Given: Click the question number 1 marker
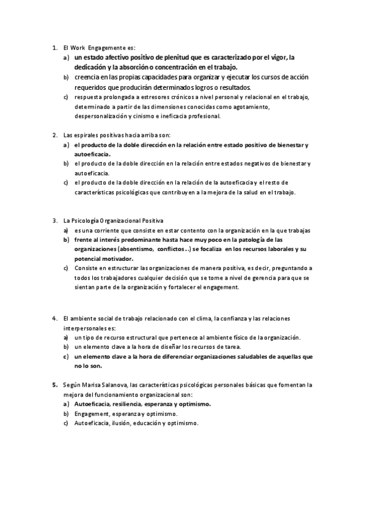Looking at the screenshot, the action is coord(54,48).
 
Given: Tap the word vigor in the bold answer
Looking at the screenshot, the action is coord(278,57).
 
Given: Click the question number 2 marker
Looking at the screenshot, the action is coord(54,135).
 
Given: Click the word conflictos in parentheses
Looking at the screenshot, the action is coord(176,249).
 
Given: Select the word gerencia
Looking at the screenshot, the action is coord(247,278).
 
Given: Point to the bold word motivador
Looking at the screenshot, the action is coord(109,259).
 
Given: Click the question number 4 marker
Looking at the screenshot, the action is coord(54,319).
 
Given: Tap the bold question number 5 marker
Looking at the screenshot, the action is coord(54,385).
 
